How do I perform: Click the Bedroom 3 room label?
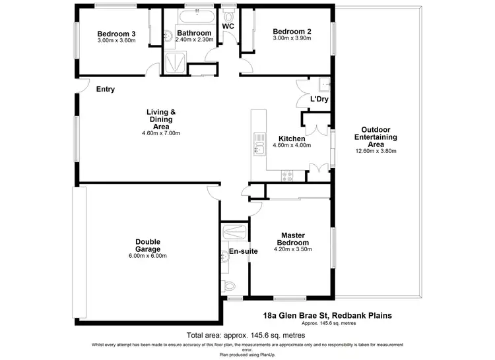115,34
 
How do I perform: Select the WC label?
228,26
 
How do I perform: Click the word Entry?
106,89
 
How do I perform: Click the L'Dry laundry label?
319,100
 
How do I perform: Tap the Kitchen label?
291,138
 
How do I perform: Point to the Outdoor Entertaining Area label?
376,136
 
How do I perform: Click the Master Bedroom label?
292,239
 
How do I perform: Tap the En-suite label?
238,251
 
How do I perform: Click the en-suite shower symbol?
235,231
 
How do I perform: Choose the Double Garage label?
148,245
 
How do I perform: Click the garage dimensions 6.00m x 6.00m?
148,256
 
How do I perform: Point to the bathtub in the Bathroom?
196,16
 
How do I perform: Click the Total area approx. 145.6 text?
246,335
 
